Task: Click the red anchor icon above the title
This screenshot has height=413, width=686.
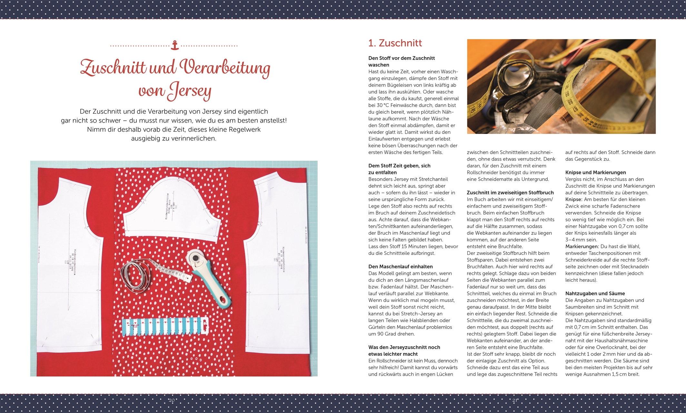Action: pyautogui.click(x=174, y=45)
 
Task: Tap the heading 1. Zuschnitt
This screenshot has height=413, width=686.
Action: pyautogui.click(x=395, y=43)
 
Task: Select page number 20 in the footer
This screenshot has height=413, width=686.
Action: pyautogui.click(x=172, y=400)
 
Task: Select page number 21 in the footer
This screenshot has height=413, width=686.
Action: pyautogui.click(x=515, y=400)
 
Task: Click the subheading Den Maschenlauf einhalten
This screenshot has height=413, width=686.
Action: pyautogui.click(x=400, y=267)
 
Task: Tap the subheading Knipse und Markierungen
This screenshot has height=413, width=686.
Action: pyautogui.click(x=595, y=172)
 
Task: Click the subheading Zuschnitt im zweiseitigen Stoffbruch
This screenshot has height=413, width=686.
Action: pyautogui.click(x=510, y=193)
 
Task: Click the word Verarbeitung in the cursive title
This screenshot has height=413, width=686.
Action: pyautogui.click(x=225, y=68)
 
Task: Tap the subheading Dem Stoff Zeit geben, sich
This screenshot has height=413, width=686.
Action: pyautogui.click(x=399, y=166)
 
